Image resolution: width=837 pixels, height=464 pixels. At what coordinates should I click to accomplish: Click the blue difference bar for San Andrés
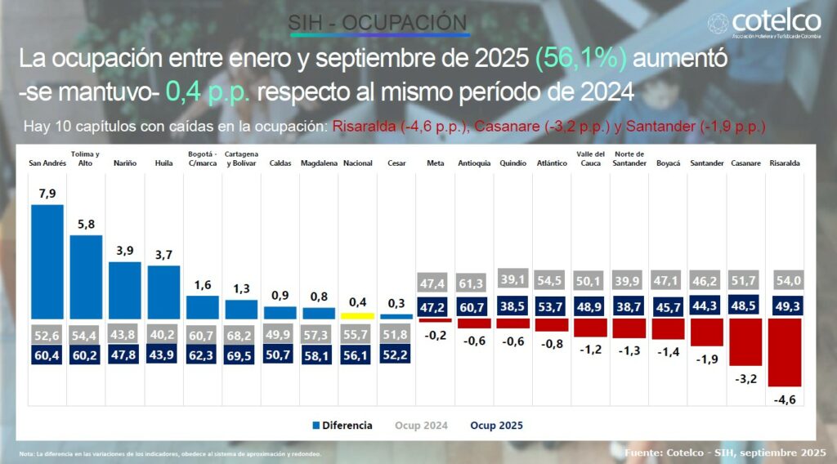(x=47, y=261)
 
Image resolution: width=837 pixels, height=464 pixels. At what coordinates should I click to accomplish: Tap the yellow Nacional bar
(x=357, y=315)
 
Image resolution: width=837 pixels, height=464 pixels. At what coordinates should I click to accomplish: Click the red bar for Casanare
(x=746, y=341)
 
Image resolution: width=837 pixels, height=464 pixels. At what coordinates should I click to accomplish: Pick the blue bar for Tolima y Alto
(x=86, y=276)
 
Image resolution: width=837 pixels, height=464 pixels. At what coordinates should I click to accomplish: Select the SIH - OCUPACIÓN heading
(x=378, y=23)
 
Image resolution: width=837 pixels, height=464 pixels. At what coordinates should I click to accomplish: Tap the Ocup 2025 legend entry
(x=496, y=426)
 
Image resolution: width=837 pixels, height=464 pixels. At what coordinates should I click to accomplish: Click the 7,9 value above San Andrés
(x=47, y=193)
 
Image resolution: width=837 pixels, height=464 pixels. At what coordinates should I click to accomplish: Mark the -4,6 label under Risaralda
(x=786, y=399)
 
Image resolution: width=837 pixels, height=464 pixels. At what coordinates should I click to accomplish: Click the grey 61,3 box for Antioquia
(x=474, y=283)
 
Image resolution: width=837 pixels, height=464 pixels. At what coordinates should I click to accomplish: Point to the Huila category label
(x=163, y=163)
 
